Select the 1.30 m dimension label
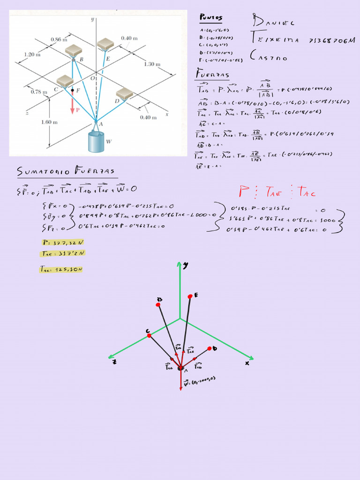tap(152, 64)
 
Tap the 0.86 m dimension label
tap(59, 40)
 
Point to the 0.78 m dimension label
tap(38, 92)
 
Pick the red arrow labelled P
tap(73, 103)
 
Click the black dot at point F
tap(73, 90)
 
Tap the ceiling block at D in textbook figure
tap(124, 94)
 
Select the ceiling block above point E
tap(105, 45)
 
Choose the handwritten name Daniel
tap(273, 22)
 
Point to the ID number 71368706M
tap(332, 41)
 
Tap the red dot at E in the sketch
tap(190, 296)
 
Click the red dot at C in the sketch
tap(149, 336)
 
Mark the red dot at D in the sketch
tap(210, 349)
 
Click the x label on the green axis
tap(247, 363)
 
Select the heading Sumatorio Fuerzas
tap(66, 172)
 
